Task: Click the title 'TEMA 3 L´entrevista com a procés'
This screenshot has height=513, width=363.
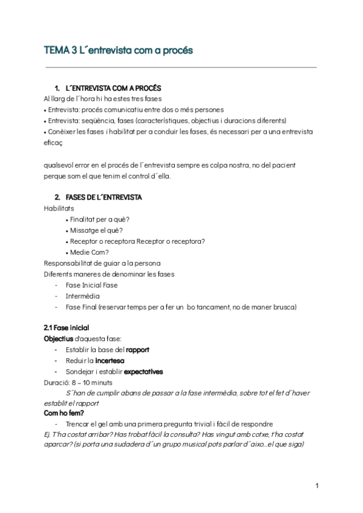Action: pos(118,51)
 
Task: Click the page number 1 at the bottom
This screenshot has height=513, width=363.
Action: pos(316,486)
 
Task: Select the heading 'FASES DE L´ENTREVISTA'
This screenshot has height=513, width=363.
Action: pos(103,198)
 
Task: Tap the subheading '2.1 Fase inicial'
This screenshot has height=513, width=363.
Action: pos(67,327)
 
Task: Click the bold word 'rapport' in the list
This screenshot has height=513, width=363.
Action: pos(137,350)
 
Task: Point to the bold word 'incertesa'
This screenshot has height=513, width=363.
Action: pos(110,361)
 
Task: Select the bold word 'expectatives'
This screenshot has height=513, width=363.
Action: pos(143,371)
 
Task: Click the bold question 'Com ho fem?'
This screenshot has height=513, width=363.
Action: pos(64,413)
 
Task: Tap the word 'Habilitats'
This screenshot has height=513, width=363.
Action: pos(59,209)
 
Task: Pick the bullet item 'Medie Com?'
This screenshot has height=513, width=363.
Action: pos(90,252)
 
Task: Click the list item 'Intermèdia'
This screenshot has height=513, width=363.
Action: pos(83,296)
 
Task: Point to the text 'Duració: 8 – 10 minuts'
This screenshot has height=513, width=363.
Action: pos(78,382)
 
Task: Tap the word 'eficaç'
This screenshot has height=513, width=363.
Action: pos(53,143)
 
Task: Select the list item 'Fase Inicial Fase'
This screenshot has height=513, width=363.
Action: pos(91,285)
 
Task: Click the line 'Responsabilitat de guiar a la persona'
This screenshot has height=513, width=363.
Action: pos(102,263)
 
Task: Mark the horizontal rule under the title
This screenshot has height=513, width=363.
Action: pos(180,68)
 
